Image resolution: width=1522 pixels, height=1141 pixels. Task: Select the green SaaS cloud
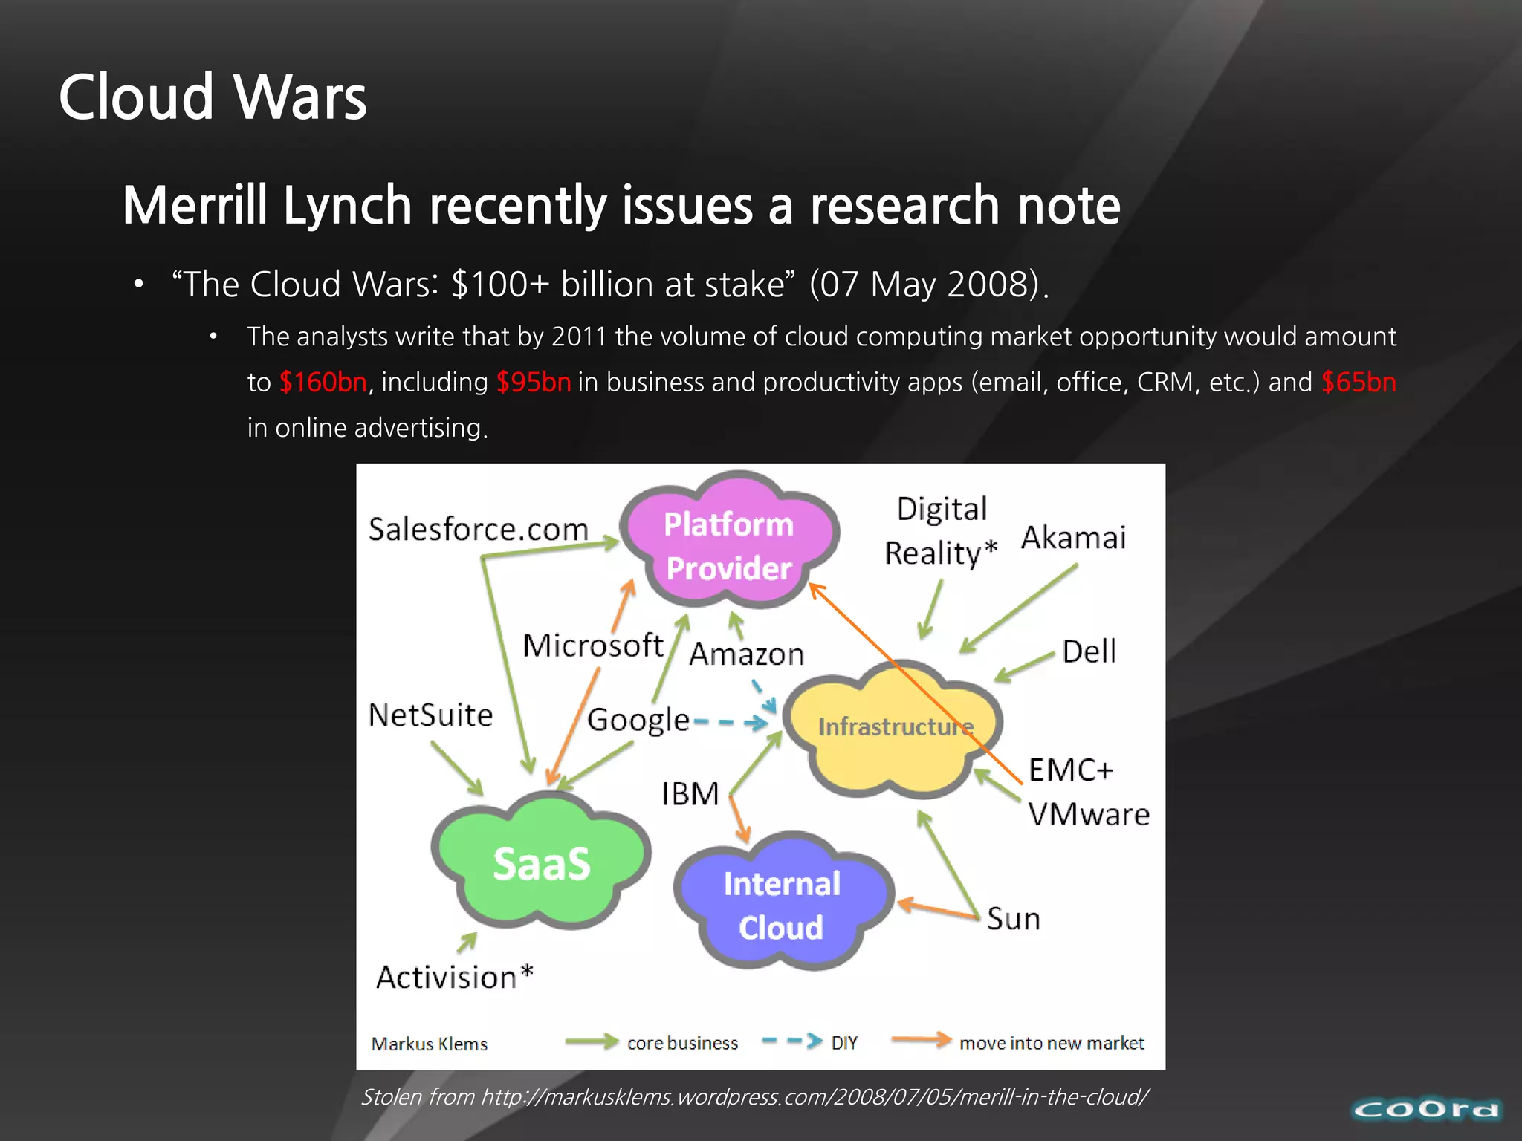[x=541, y=864]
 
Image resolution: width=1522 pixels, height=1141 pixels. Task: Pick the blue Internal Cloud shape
[x=782, y=905]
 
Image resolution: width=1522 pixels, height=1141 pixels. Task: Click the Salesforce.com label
[x=478, y=530]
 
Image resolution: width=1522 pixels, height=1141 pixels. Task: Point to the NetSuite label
[x=430, y=715]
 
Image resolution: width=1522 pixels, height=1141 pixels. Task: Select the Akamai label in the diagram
[x=1073, y=538]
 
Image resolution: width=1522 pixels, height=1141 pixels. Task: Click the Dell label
[x=1089, y=651]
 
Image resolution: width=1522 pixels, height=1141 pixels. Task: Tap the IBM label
[x=690, y=794]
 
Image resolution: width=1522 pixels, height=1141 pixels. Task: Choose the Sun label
[x=1013, y=920]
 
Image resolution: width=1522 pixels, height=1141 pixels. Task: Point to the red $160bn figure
[x=323, y=383]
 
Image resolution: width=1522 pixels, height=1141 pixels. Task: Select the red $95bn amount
[x=534, y=383]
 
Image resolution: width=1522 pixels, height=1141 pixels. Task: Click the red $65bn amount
[x=1359, y=383]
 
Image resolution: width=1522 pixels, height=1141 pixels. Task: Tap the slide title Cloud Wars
[x=213, y=97]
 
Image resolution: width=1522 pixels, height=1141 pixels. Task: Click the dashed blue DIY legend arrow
[x=792, y=1041]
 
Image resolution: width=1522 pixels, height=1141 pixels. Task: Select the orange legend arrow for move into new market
[x=921, y=1040]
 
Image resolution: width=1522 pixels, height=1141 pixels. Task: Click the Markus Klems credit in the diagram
[x=429, y=1044]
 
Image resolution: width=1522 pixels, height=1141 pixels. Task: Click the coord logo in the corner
[x=1425, y=1110]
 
